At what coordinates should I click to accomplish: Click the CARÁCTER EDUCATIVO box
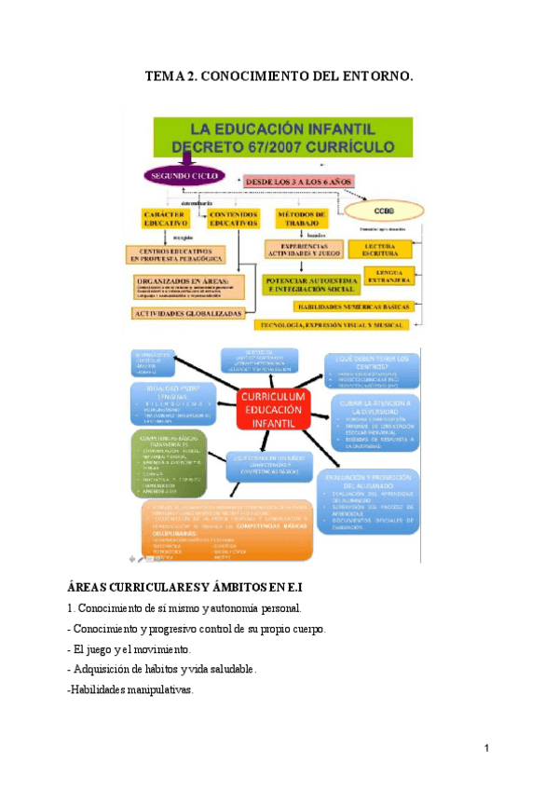166,219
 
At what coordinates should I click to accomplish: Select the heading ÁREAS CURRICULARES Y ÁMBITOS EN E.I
186,589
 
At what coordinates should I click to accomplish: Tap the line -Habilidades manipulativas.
130,690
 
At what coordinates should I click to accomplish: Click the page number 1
486,748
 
